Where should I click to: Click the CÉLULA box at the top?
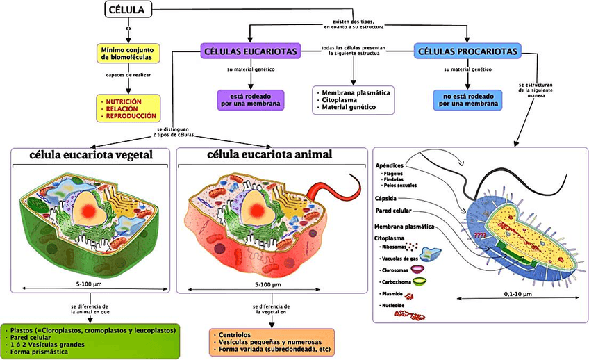tap(128, 10)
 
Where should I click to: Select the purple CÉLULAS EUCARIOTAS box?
tap(251, 51)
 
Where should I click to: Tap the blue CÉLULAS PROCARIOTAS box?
tap(466, 51)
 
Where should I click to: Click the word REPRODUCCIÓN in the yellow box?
tap(131, 116)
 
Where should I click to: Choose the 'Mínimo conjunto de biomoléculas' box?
tap(128, 54)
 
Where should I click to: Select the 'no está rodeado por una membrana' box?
tap(466, 99)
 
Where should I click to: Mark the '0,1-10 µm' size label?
tap(517, 294)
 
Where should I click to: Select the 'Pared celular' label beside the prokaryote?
tap(392, 210)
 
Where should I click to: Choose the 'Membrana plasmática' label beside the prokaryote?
tap(404, 227)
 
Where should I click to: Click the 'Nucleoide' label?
tap(393, 305)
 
